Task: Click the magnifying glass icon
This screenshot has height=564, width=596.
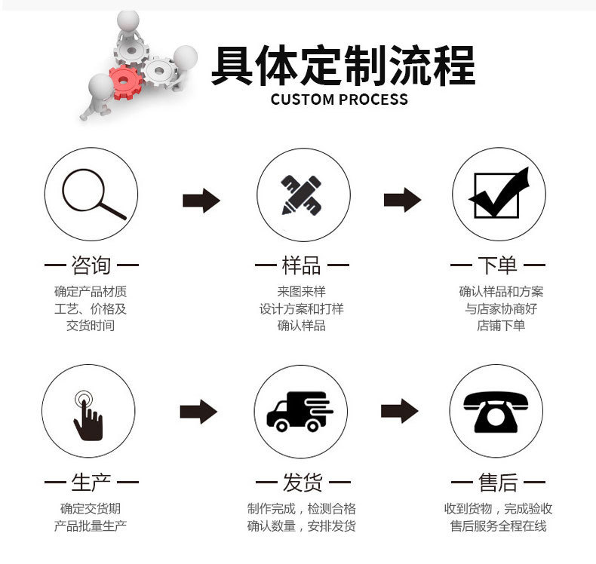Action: [92, 194]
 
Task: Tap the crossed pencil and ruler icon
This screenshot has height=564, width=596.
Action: [302, 194]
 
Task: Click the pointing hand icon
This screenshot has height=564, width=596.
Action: [88, 414]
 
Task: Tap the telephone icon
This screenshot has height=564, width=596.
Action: [496, 412]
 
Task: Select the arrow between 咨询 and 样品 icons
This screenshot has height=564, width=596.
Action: [201, 201]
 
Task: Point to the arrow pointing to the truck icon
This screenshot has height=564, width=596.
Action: [198, 412]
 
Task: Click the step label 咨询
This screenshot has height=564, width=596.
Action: [91, 265]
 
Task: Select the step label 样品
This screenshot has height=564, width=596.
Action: [302, 265]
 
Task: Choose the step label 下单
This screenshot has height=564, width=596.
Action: [497, 265]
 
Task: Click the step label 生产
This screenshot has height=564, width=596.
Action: [91, 482]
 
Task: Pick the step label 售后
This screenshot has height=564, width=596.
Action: [497, 482]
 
